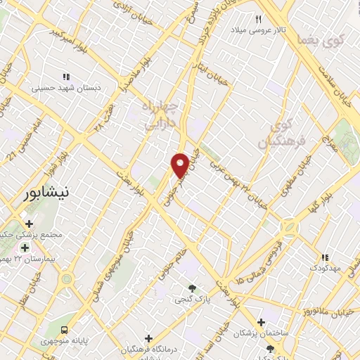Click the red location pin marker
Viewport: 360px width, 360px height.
click(180, 165)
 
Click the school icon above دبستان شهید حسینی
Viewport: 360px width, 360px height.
click(66, 77)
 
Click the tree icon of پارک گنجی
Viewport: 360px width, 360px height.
click(191, 288)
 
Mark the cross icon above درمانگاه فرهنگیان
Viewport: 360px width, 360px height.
click(148, 338)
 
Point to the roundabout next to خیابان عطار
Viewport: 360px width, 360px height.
click(67, 278)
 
